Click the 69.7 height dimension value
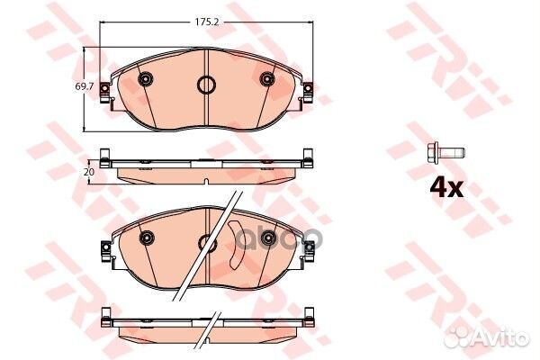85,87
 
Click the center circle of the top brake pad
206,86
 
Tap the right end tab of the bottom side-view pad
309,318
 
